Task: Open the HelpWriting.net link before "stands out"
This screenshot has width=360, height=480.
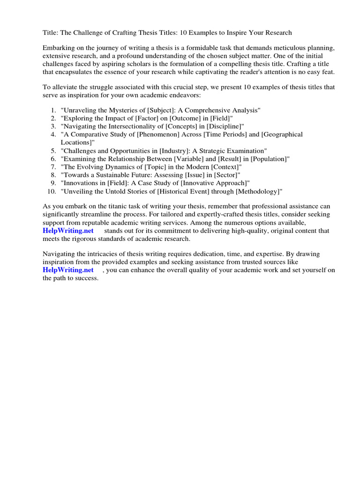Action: (68, 231)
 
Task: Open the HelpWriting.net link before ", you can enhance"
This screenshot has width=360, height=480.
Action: (68, 270)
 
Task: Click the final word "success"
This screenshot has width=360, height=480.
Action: (85, 278)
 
